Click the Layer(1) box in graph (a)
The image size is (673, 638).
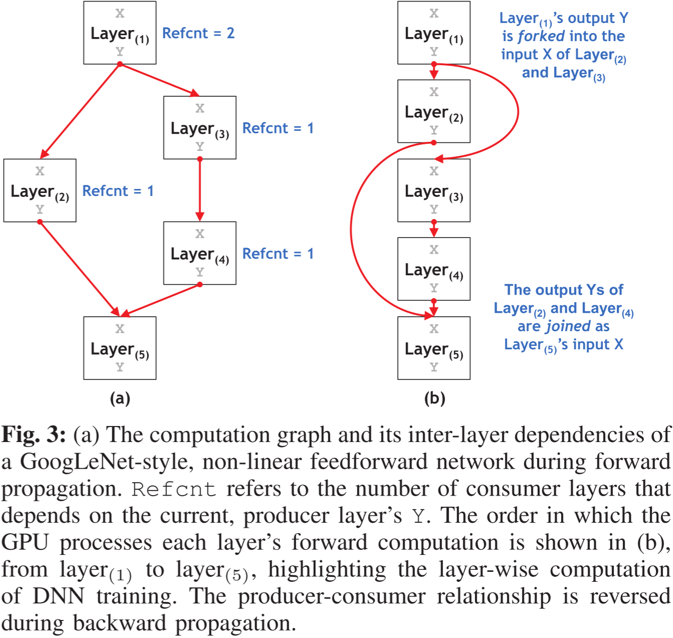point(120,33)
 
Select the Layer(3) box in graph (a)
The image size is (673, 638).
point(200,128)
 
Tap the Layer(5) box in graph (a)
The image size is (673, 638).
point(120,348)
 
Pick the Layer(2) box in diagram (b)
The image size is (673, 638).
point(434,111)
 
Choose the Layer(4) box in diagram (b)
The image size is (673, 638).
point(434,269)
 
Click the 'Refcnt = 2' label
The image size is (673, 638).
point(198,33)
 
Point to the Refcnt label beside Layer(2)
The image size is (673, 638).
point(118,191)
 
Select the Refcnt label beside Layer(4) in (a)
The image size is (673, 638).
point(278,254)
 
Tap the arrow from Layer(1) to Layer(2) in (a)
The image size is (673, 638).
point(80,111)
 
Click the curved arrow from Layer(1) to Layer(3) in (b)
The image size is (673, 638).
point(517,111)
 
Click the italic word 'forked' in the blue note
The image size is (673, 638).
point(541,36)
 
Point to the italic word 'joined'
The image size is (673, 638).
point(569,326)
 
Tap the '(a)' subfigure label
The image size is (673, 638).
point(120,398)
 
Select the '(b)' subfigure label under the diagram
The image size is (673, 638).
point(434,398)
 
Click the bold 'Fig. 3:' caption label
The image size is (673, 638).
point(34,435)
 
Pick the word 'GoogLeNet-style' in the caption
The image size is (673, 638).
point(106,462)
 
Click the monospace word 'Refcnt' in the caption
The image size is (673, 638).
point(174,489)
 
